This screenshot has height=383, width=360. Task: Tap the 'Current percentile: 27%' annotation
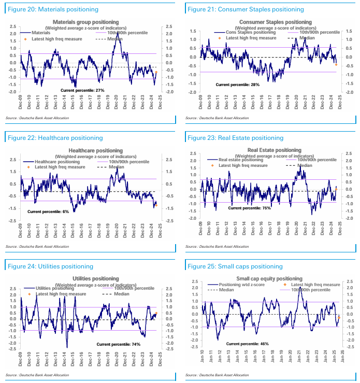[82, 90]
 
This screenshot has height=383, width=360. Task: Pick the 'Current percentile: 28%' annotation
[237, 84]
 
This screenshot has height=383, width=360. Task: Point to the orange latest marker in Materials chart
[156, 72]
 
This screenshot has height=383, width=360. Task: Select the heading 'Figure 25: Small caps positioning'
[235, 266]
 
